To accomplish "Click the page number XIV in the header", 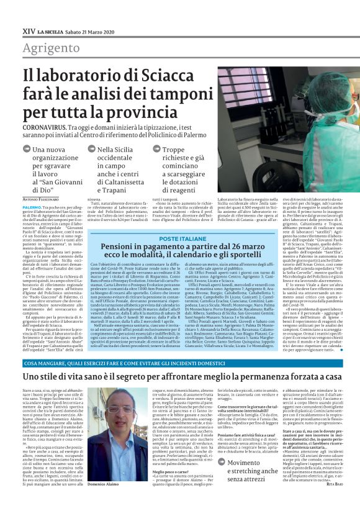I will (x=28, y=30).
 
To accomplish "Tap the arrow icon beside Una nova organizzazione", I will (x=27, y=149).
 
